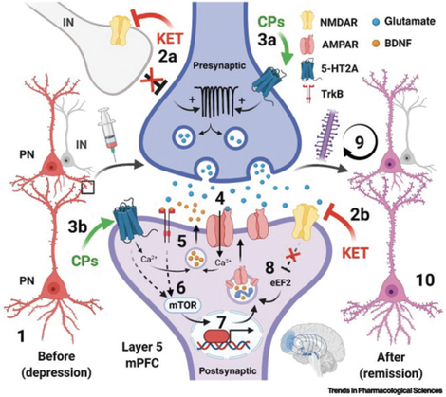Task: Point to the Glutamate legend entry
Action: click(x=407, y=15)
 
